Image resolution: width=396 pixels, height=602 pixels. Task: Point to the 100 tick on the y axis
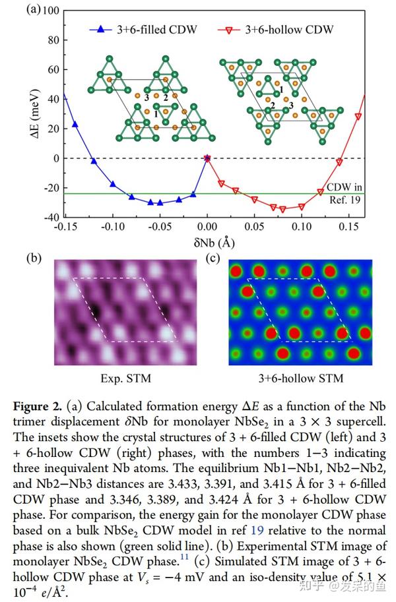[x=51, y=11]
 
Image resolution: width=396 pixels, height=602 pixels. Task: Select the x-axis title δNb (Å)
[x=208, y=242]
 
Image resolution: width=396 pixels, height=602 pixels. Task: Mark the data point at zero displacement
[x=207, y=158]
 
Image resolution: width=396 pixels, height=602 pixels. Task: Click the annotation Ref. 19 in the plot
[x=343, y=200]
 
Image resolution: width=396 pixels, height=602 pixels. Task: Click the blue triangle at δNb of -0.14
[x=75, y=124]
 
